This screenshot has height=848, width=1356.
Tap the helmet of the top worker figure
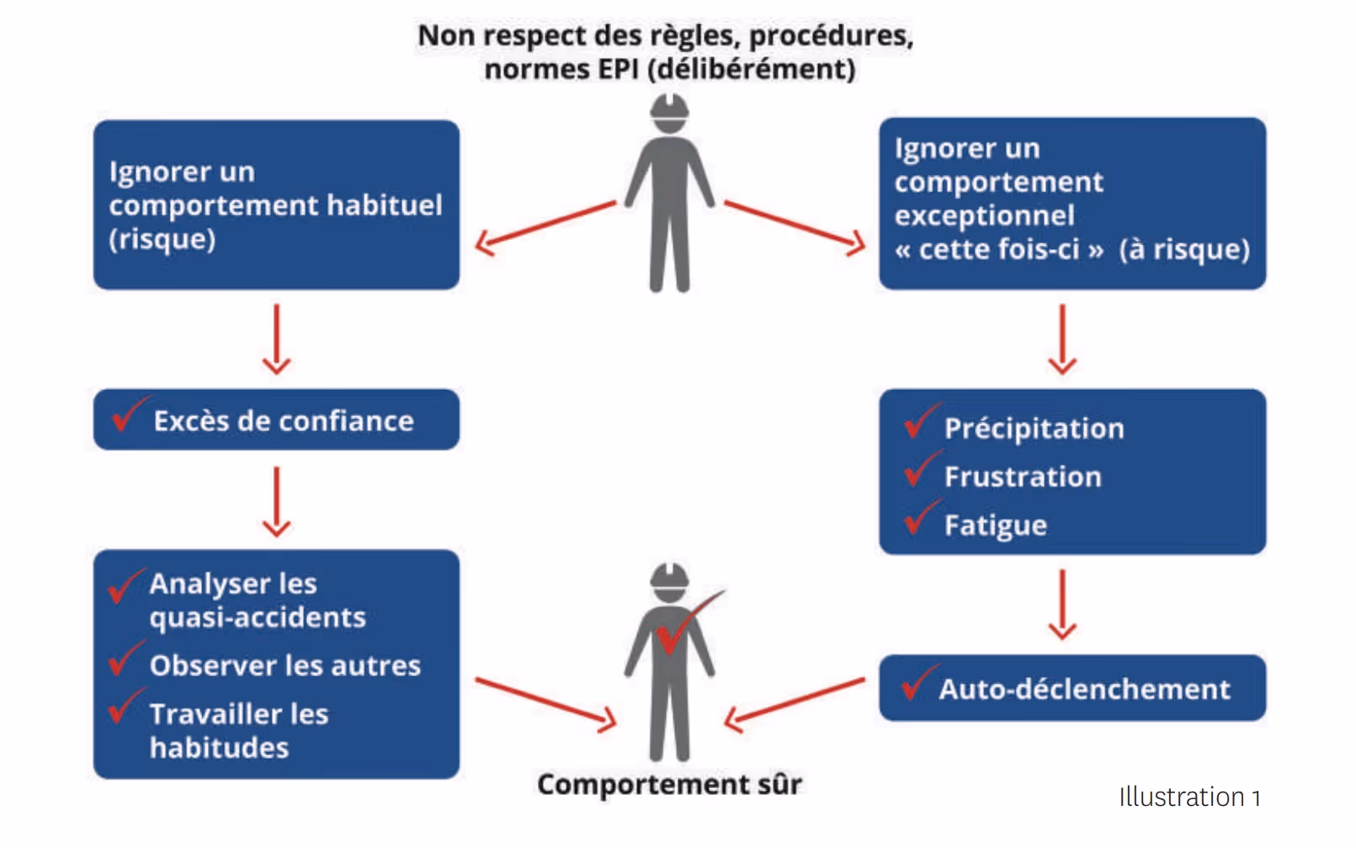(x=669, y=110)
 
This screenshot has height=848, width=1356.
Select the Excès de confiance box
(x=276, y=419)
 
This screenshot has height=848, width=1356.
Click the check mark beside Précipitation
(x=920, y=422)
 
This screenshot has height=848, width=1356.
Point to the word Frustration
(x=1022, y=477)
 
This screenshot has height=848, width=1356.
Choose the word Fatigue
(x=995, y=525)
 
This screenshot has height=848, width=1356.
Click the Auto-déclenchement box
(x=1072, y=688)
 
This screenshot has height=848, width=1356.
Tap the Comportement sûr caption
(x=669, y=784)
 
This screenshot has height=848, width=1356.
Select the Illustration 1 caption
(x=1188, y=797)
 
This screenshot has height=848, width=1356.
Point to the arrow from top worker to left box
(x=545, y=226)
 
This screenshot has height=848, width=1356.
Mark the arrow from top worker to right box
(x=794, y=226)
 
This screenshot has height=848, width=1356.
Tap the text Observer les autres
(x=284, y=666)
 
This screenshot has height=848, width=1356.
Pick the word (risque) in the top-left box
(x=162, y=240)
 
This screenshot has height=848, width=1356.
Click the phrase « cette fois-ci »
(x=998, y=250)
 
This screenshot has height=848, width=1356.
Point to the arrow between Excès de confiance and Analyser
(x=276, y=500)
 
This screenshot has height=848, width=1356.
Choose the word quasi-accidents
(x=258, y=618)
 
